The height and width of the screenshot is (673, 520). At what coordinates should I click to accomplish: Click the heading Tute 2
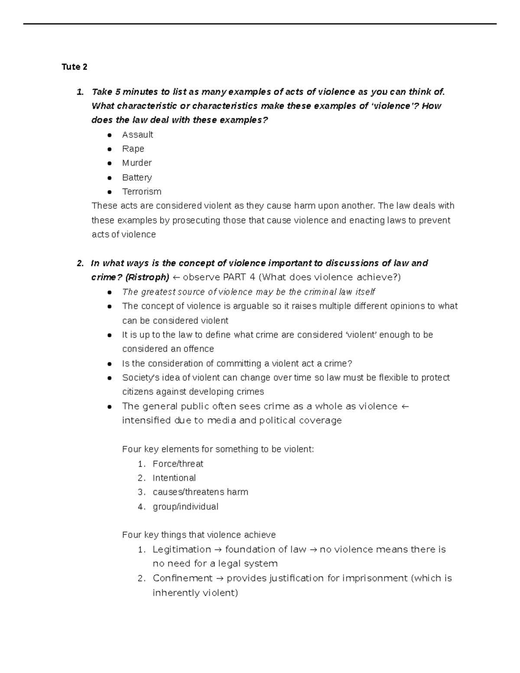(x=74, y=67)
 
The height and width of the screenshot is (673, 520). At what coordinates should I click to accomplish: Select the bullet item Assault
(x=137, y=135)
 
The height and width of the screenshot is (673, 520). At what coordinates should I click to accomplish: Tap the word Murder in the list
(x=137, y=163)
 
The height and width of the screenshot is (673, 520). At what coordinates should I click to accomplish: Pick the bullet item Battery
(x=137, y=177)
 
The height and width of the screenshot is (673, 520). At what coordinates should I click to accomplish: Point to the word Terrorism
(x=142, y=192)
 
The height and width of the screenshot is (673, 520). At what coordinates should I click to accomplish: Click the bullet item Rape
(x=133, y=149)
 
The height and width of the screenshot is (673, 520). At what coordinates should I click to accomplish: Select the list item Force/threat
(x=178, y=464)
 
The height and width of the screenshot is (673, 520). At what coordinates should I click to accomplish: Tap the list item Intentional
(x=174, y=478)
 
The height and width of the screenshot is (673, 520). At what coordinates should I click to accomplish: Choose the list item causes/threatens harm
(x=200, y=492)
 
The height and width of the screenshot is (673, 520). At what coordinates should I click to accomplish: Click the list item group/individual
(x=185, y=507)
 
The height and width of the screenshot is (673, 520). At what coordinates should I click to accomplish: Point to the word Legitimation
(x=182, y=549)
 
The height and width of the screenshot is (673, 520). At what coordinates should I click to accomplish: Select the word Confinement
(x=182, y=579)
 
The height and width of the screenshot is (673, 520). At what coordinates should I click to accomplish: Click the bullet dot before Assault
(x=110, y=135)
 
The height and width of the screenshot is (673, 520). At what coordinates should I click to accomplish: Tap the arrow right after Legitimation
(x=218, y=550)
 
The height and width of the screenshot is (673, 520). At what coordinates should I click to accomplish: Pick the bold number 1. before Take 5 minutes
(x=79, y=92)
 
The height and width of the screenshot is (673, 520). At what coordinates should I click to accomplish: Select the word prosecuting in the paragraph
(x=196, y=220)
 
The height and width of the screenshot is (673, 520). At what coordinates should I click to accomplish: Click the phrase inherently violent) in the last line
(x=195, y=593)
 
